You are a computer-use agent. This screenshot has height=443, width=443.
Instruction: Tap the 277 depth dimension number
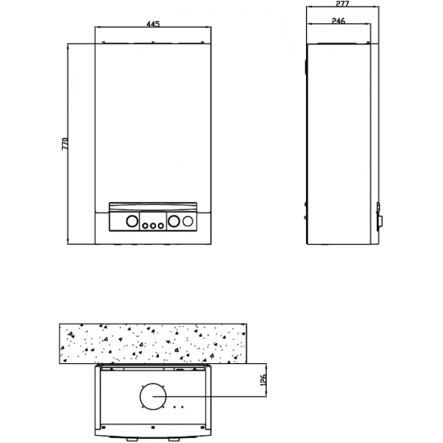point(339,6)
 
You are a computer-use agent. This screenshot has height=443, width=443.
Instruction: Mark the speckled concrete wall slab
point(152,343)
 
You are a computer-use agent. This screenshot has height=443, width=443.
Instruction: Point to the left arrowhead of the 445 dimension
point(97,31)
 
